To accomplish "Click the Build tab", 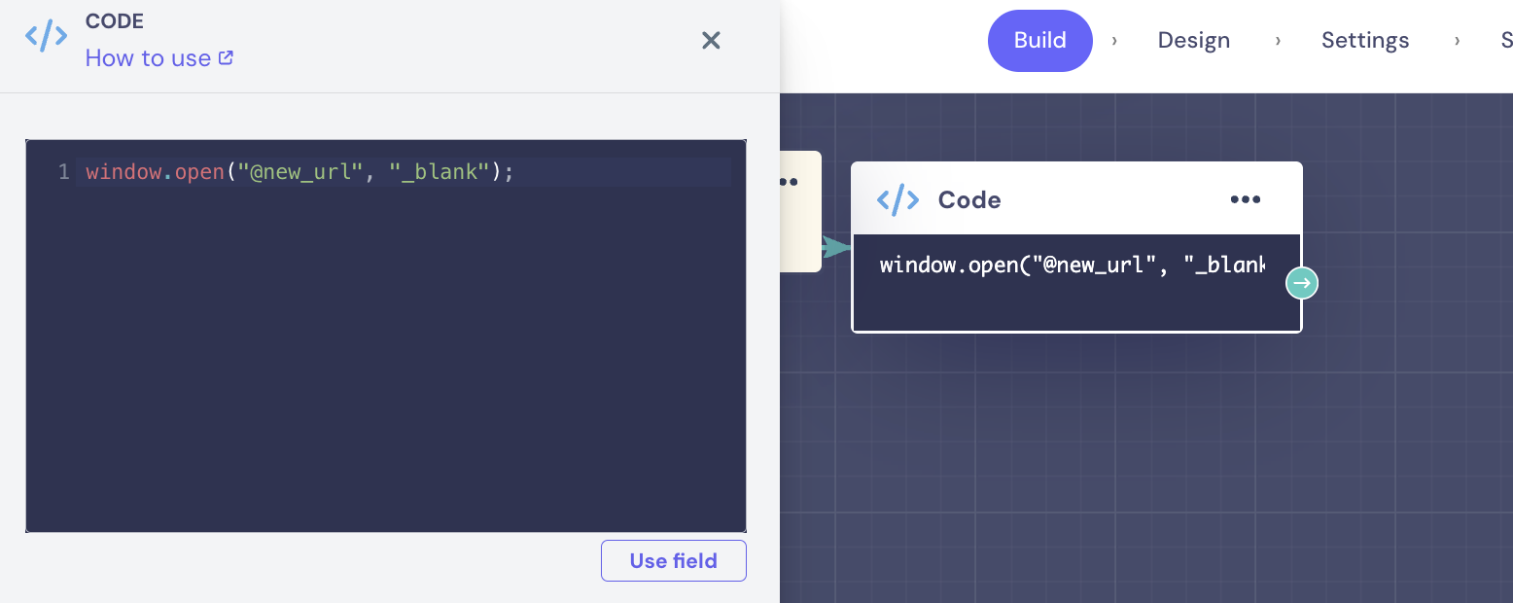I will [1039, 41].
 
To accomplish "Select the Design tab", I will [1193, 41].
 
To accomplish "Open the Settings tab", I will [1364, 41].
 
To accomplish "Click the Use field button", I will [673, 561].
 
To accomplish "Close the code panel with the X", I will [711, 40].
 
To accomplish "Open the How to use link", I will [148, 58].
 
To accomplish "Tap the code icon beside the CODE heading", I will [46, 37].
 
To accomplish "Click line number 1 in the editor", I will [63, 172].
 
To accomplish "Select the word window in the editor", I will [123, 172].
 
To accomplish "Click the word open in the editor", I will [199, 172].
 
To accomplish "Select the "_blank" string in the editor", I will [440, 172].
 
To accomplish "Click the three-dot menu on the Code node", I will [1245, 199].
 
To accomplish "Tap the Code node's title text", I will [968, 199].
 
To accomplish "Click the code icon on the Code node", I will [897, 199].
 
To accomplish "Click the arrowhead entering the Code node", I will [834, 247].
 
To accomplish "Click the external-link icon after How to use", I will [226, 57].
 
